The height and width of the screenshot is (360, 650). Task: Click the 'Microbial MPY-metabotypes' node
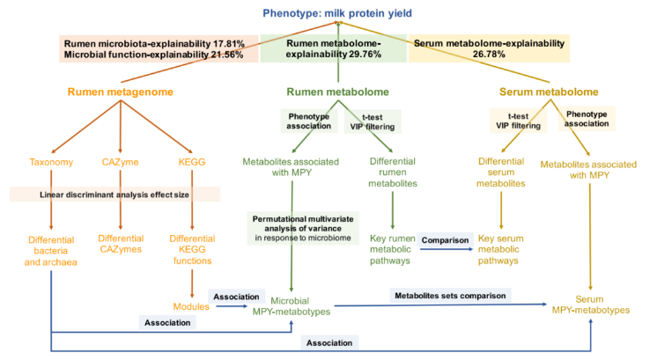[291, 305]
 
